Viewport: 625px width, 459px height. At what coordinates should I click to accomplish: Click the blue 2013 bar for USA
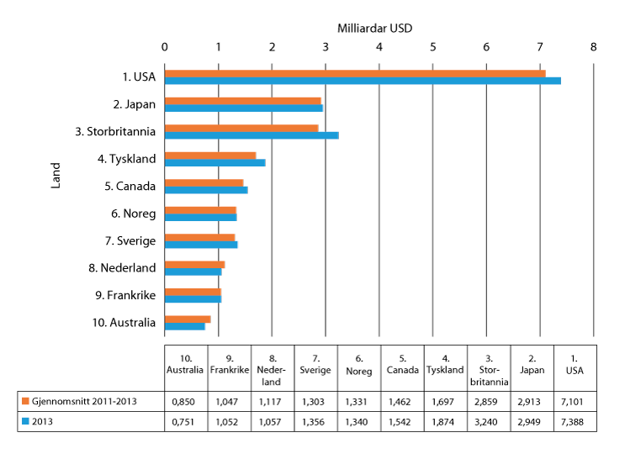[x=362, y=81]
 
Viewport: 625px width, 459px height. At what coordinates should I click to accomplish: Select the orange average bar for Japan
[x=242, y=101]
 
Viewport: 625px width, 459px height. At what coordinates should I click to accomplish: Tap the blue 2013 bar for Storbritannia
[x=251, y=135]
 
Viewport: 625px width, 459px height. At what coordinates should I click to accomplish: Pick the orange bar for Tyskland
[x=209, y=156]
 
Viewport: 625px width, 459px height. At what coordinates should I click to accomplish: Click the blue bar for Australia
[x=184, y=326]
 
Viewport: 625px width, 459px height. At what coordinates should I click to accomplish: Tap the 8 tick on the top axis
[x=594, y=47]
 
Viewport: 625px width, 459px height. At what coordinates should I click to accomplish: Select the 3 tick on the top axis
[x=326, y=47]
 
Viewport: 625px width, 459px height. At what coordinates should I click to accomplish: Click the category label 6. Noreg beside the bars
[x=134, y=214]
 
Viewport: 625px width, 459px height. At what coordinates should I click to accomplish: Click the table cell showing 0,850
[x=186, y=400]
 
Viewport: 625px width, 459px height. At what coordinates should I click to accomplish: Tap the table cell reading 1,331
[x=358, y=400]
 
